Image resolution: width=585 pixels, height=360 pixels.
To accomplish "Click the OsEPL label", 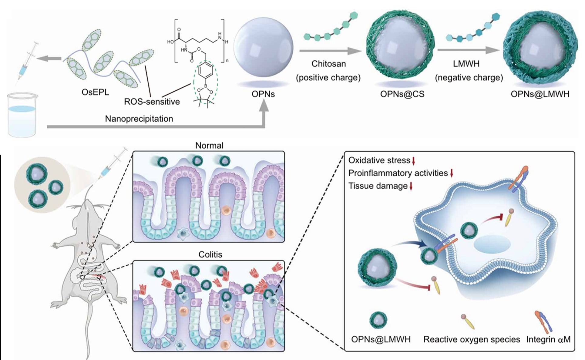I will tap(95, 92).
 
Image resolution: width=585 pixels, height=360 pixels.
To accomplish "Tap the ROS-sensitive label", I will tap(152, 102).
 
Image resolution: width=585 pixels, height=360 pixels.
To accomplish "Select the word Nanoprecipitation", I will tap(139, 119).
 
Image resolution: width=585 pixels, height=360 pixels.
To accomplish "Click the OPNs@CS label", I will tap(402, 94).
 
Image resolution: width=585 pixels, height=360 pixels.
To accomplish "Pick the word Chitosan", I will tap(328, 64).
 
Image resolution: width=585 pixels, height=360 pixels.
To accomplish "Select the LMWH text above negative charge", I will tap(466, 64).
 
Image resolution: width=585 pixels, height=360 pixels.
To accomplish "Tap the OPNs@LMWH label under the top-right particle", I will tap(540, 94).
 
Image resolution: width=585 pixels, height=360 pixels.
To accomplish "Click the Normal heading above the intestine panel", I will tap(209, 146).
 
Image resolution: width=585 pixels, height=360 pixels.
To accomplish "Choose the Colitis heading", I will tap(210, 254).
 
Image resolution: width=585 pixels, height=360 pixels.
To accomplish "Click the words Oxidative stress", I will tap(379, 160).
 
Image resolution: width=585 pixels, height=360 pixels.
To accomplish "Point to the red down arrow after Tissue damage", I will tap(411, 186).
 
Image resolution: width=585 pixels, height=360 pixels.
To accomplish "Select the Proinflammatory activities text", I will tap(398, 173).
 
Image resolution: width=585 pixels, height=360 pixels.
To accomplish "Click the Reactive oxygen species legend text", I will tap(472, 339).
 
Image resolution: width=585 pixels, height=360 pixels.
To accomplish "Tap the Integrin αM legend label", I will tap(548, 339).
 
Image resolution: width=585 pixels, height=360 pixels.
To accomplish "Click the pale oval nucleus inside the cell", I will tap(492, 244).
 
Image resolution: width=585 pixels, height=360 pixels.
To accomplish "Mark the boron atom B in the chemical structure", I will tap(205, 86).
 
